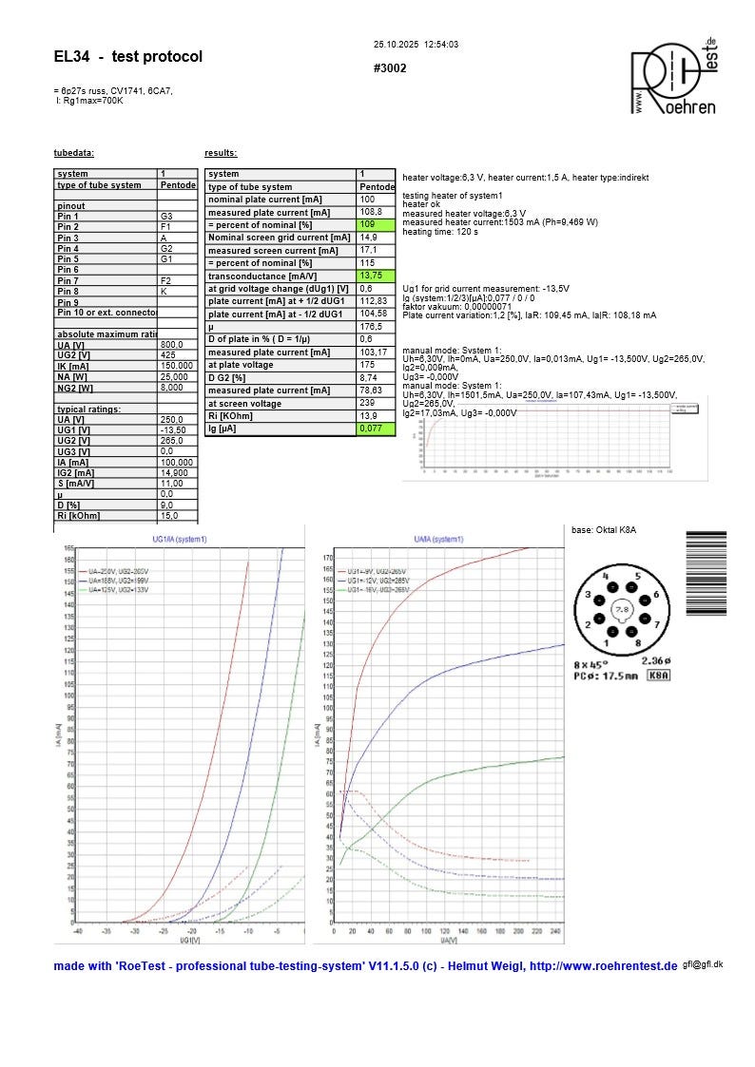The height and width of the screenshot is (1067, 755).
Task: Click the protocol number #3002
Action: pyautogui.click(x=391, y=69)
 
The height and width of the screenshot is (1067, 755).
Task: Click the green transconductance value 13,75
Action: pyautogui.click(x=371, y=276)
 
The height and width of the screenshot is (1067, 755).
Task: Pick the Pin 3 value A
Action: pyautogui.click(x=163, y=238)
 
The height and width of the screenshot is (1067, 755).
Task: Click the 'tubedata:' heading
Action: pyautogui.click(x=73, y=153)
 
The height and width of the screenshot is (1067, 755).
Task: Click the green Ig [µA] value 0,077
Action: pyautogui.click(x=372, y=429)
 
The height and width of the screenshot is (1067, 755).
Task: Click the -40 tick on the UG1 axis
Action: pyautogui.click(x=78, y=930)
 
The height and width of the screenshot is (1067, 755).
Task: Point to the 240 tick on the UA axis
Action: pyautogui.click(x=554, y=930)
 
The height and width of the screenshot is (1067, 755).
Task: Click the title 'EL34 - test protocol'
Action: pyautogui.click(x=128, y=57)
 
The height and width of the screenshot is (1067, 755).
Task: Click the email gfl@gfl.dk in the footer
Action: pyautogui.click(x=703, y=963)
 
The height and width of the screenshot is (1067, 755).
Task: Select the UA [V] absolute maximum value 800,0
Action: pyautogui.click(x=172, y=345)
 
